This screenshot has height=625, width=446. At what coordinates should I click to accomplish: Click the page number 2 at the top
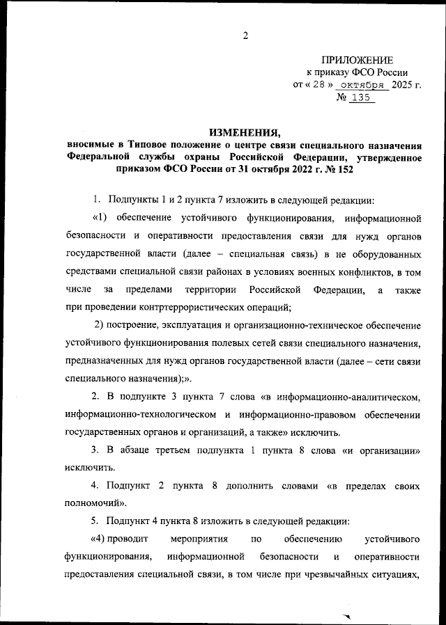(245, 36)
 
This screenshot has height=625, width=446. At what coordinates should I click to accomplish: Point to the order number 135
(360, 98)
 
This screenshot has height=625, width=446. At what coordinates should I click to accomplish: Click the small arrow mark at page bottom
(349, 616)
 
